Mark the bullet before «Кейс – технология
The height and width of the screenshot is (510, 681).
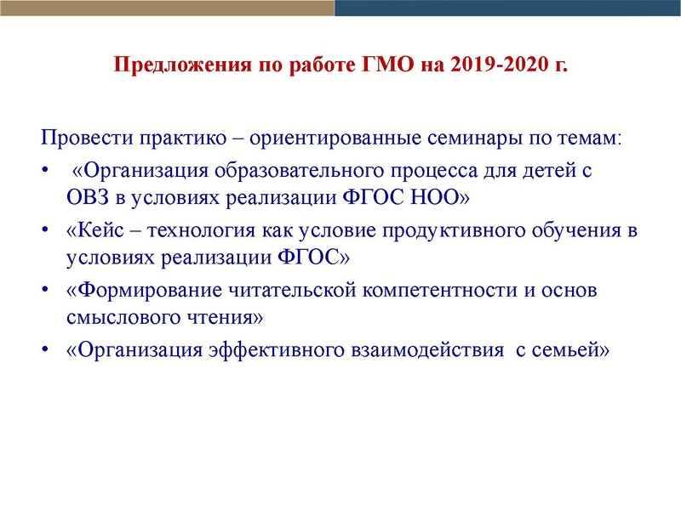tap(45, 231)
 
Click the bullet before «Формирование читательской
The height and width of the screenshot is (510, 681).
tap(45, 290)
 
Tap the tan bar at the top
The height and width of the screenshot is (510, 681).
tap(167, 8)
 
